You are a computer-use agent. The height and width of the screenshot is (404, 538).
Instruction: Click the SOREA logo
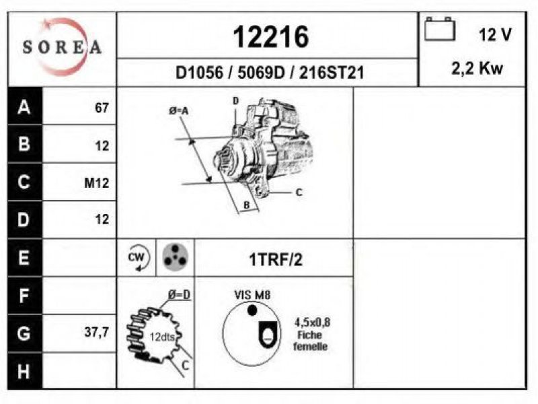[x=62, y=46]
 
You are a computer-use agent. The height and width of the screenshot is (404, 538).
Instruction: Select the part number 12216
[x=271, y=37]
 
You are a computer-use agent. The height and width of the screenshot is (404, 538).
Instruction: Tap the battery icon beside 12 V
[x=440, y=29]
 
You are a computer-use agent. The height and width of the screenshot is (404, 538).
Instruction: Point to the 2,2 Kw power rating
[x=477, y=69]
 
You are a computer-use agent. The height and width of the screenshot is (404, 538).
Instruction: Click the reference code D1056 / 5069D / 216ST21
[x=270, y=73]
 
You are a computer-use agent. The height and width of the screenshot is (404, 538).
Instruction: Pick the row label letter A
[x=24, y=107]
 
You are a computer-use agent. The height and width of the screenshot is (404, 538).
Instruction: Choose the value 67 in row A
[x=102, y=108]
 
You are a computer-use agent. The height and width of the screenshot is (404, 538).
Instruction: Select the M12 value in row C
[x=96, y=182]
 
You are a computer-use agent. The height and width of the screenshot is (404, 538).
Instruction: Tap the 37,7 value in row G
[x=96, y=332]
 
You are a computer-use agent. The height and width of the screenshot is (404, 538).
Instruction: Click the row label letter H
[x=24, y=371]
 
